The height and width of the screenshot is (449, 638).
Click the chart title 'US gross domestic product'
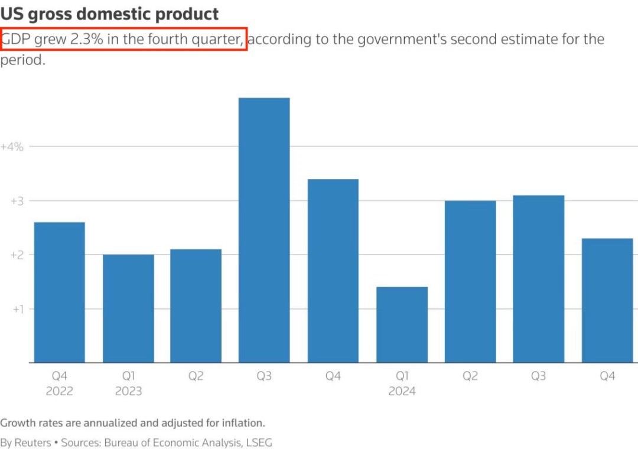coord(109,14)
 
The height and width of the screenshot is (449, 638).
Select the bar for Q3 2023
coord(264,230)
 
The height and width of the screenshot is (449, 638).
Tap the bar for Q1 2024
coord(402,324)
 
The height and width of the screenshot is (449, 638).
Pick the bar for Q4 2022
coord(59,292)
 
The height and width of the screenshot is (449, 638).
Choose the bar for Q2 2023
coord(196,305)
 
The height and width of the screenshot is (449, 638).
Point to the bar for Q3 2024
coord(538,279)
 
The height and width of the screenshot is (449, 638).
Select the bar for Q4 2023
coord(333,271)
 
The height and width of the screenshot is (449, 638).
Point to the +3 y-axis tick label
coord(16,201)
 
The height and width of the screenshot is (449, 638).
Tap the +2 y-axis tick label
coord(16,255)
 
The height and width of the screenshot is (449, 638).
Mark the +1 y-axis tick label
coord(16,310)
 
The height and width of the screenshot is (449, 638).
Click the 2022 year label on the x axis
coord(59,391)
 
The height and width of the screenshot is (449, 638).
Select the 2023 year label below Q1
coord(128,391)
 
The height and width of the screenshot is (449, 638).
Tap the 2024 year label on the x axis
coord(402,391)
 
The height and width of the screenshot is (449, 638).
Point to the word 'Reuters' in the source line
coord(33,443)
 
